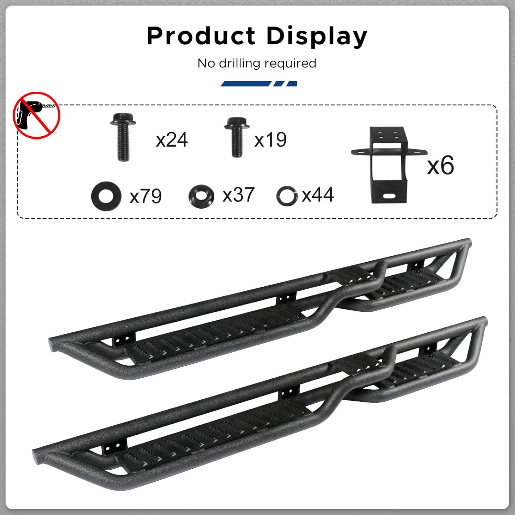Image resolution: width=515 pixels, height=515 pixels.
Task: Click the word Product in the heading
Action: (201, 36)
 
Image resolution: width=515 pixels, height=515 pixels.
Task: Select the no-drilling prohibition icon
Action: (37, 115)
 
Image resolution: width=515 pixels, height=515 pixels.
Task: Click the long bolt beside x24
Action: (123, 137)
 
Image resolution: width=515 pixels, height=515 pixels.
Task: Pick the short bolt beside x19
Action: (237, 137)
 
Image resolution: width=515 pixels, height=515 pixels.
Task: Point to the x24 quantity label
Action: (172, 140)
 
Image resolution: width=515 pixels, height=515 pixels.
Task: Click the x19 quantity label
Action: (270, 140)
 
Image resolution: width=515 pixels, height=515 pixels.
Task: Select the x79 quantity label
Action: (146, 196)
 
